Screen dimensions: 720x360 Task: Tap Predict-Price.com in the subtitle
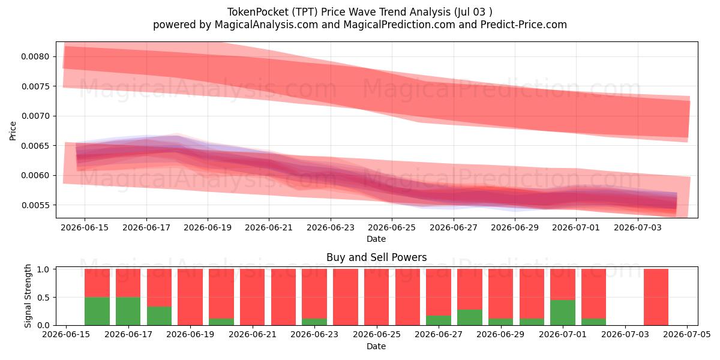[523, 25]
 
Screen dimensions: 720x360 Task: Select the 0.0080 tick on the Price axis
[35, 57]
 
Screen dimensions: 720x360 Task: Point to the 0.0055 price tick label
[35, 205]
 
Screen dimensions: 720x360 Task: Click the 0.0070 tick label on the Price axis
[35, 116]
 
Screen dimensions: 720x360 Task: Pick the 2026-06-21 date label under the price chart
[269, 227]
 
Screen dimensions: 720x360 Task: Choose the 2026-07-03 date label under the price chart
[638, 227]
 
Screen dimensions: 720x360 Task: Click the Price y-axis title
[13, 131]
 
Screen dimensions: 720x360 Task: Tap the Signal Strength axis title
[28, 296]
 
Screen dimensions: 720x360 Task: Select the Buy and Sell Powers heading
[376, 257]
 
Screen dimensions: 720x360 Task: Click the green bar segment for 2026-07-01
[563, 313]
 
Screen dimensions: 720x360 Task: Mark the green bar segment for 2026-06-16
[97, 311]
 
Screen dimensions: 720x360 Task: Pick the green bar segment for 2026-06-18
[159, 316]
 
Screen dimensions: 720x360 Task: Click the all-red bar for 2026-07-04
[656, 297]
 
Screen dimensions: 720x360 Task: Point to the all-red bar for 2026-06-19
[190, 297]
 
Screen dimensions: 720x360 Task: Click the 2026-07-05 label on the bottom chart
[687, 335]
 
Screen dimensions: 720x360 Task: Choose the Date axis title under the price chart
[376, 239]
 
